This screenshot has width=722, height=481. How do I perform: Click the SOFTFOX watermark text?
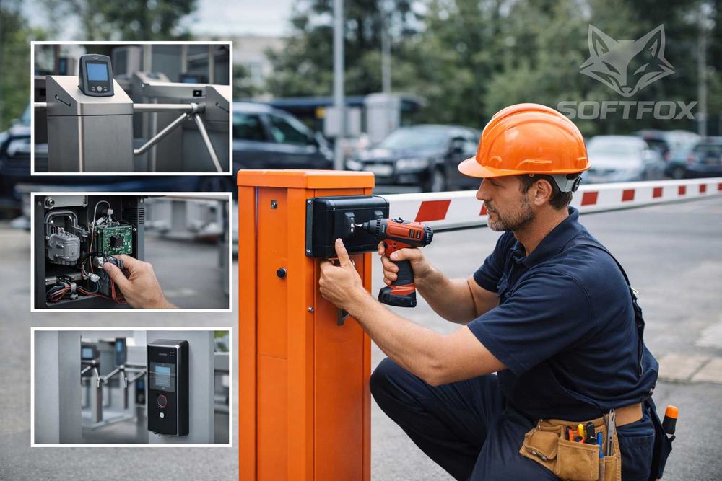627,110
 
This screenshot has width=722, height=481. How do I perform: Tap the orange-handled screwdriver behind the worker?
669,420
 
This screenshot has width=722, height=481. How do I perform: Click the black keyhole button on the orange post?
282,273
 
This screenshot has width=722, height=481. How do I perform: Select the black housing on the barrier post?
347,225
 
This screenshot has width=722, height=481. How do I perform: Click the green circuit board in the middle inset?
114,239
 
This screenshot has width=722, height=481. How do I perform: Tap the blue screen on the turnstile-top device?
97,71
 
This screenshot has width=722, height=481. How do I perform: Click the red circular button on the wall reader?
162,401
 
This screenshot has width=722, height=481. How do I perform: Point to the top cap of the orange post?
305,178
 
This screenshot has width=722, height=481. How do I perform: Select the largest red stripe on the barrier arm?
432,211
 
